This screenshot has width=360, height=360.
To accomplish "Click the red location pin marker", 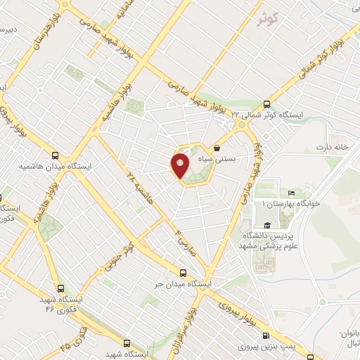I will (x=179, y=165).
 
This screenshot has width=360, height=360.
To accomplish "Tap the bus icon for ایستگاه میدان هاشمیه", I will (x=56, y=155).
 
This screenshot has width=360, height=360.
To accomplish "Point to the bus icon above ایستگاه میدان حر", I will (x=184, y=272).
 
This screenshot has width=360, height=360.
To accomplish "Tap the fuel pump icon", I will (x=266, y=336).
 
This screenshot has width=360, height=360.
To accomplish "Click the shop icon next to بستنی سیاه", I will (x=217, y=148).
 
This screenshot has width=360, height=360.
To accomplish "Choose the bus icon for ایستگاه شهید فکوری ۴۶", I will (x=60, y=288).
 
